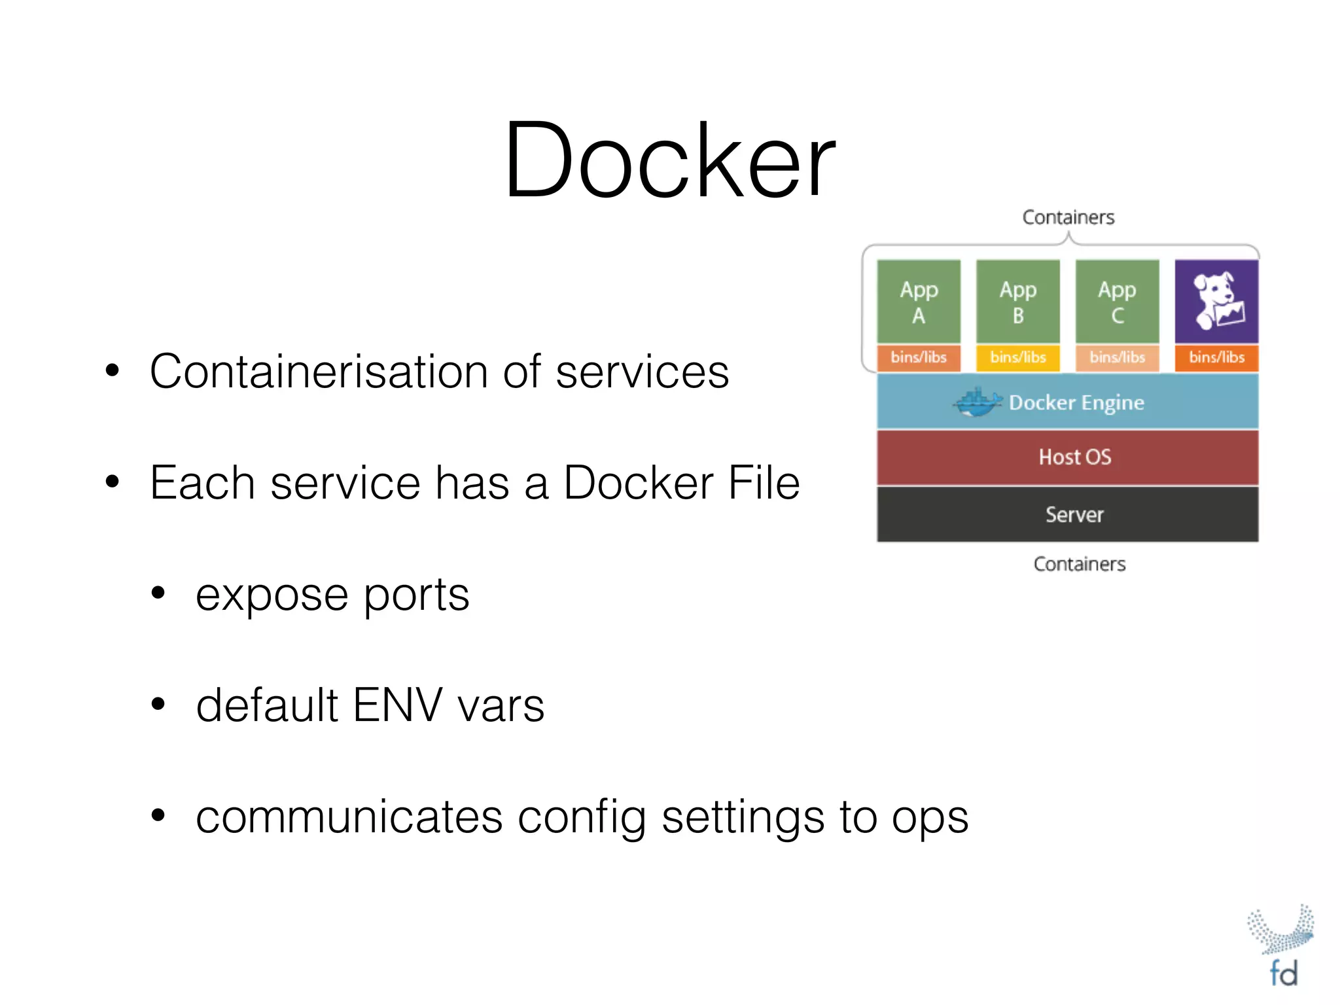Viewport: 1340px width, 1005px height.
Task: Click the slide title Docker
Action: point(669,160)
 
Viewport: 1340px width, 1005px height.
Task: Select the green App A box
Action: point(919,301)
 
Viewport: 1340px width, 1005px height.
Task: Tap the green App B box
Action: point(1018,301)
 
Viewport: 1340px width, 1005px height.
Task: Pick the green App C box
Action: point(1117,301)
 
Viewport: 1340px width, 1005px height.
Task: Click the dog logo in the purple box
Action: point(1216,301)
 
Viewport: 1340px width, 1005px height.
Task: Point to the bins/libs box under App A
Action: point(919,357)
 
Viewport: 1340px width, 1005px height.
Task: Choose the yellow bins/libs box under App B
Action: point(1018,357)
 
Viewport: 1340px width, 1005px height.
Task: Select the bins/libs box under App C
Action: point(1117,357)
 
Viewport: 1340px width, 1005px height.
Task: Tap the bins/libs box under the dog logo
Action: point(1216,357)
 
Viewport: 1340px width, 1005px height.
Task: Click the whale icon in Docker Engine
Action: point(976,402)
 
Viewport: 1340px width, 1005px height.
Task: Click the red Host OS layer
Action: point(1068,457)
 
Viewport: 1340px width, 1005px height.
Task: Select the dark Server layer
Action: point(1068,514)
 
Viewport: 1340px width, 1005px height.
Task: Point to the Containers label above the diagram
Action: point(1068,217)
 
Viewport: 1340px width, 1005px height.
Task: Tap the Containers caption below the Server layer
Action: point(1080,564)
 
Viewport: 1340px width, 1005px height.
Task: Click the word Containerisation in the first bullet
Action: point(319,372)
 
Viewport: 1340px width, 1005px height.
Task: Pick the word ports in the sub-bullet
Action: point(416,595)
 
